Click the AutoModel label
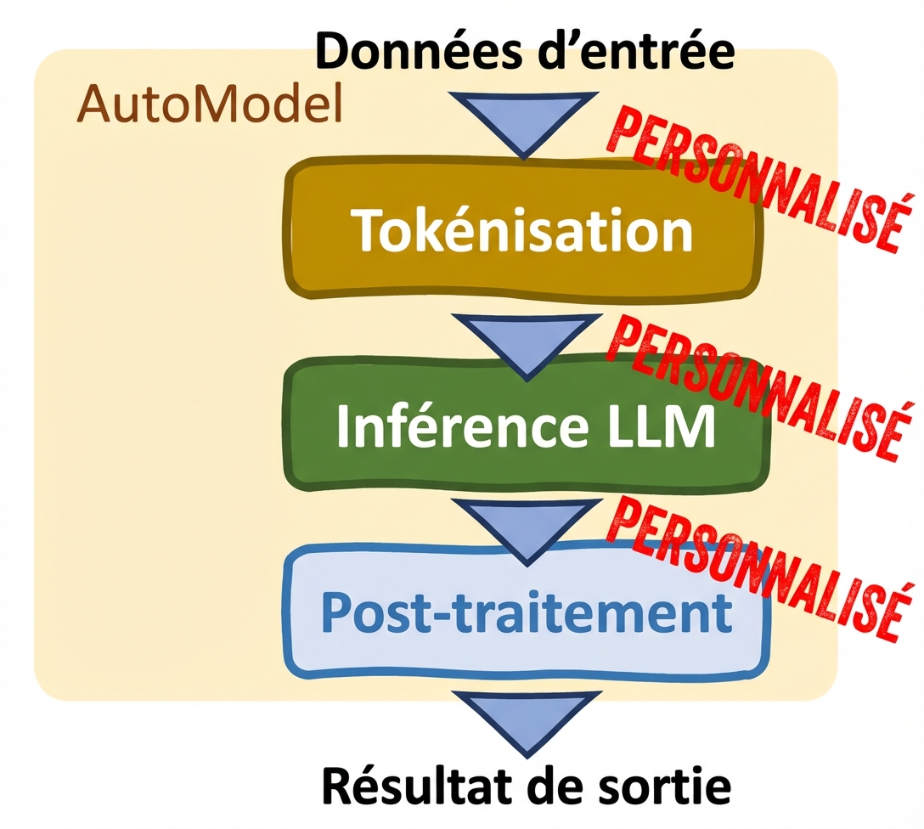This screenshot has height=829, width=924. [x=208, y=105]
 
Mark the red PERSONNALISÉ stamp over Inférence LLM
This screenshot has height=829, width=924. [x=756, y=378]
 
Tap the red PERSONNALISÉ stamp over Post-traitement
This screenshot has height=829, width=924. [x=756, y=565]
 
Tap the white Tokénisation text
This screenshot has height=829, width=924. [x=523, y=229]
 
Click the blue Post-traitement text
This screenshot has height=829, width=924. [x=527, y=612]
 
